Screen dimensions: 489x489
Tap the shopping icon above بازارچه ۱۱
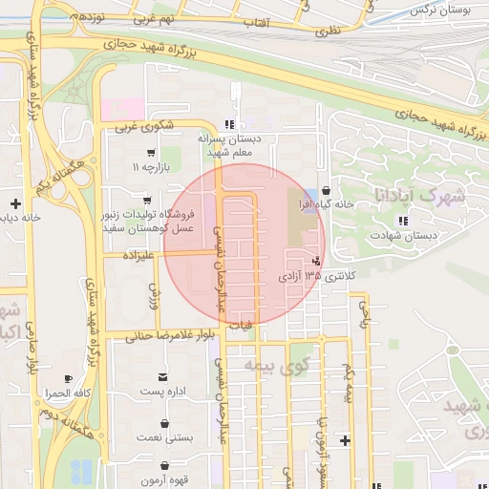151,152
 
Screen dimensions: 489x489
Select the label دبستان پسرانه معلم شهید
227,145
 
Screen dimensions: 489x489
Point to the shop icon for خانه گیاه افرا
328,190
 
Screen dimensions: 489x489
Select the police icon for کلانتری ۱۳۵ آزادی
317,261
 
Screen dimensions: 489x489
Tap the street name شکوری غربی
144,125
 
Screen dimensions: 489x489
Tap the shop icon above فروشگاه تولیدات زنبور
146,201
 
